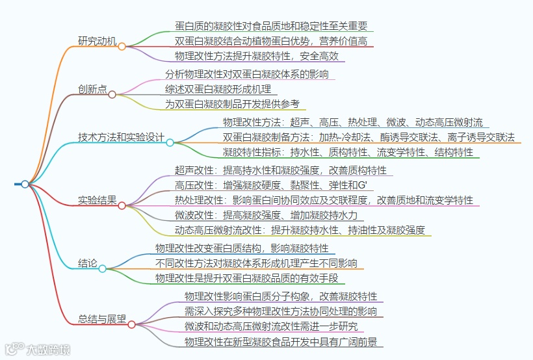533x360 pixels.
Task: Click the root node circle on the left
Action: [25, 184]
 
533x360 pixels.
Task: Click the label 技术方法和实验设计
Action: [121, 138]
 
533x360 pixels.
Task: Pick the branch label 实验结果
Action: [97, 200]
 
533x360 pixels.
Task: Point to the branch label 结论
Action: [88, 264]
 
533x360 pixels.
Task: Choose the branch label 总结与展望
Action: [102, 319]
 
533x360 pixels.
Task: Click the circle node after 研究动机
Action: [122, 47]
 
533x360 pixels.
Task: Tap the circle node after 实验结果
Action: [122, 205]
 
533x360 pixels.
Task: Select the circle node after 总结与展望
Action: [131, 324]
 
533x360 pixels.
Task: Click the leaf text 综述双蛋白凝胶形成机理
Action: [218, 89]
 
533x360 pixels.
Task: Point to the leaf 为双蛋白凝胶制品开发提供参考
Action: [233, 104]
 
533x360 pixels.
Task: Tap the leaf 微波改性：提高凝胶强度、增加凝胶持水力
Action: [266, 215]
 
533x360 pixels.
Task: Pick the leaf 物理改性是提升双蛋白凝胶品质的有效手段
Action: [247, 278]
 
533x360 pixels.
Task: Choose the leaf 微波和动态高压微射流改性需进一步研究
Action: [272, 326]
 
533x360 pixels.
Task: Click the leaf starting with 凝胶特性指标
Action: [348, 152]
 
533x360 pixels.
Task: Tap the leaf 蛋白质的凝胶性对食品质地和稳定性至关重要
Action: [272, 26]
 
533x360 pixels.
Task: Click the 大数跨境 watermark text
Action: [48, 350]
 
